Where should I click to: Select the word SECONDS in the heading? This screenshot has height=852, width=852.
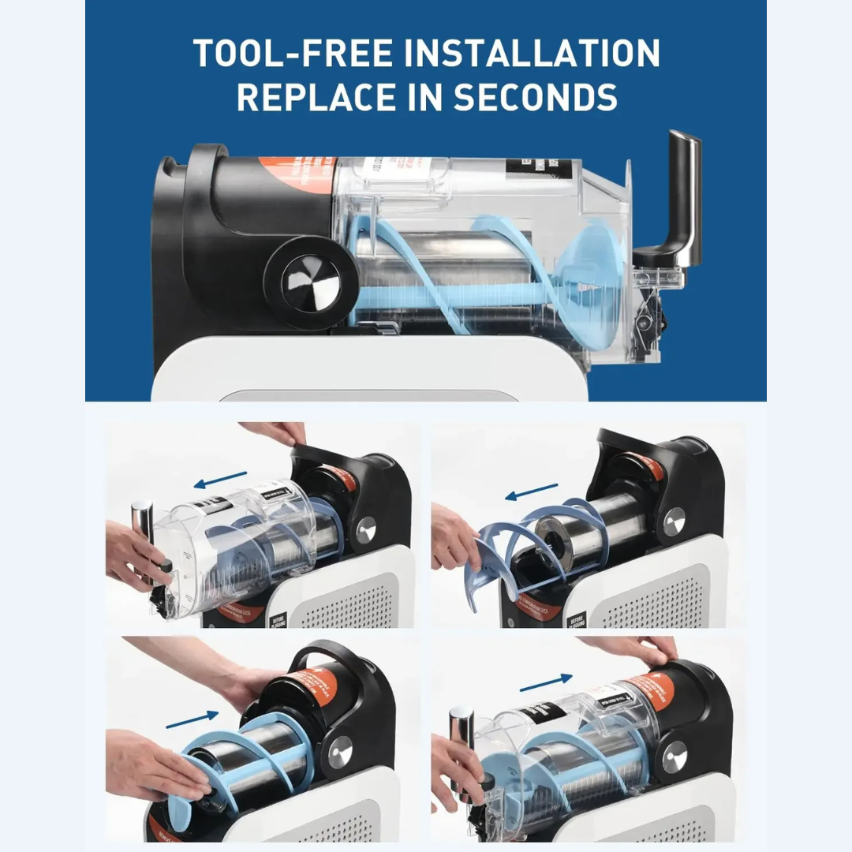click(x=536, y=97)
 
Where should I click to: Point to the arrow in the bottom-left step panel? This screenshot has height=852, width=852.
click(x=192, y=718)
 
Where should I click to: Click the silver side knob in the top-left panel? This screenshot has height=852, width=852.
click(x=366, y=529)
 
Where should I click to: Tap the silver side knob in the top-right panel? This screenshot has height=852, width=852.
click(x=674, y=521)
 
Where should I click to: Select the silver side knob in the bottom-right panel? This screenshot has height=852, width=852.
click(x=674, y=757)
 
